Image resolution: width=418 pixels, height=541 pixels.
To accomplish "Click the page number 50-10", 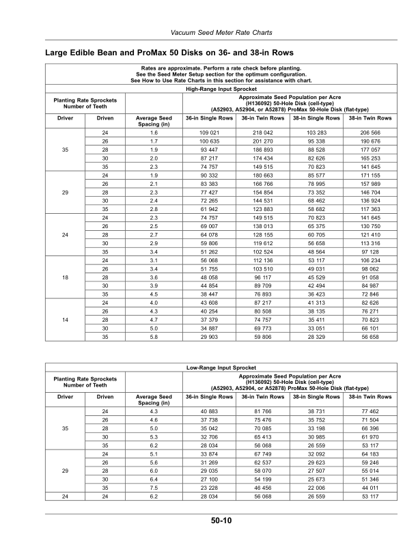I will [221, 521].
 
